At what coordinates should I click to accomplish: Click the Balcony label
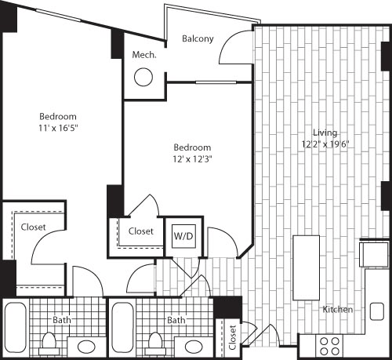(x=198, y=38)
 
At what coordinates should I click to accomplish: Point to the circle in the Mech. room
(x=143, y=78)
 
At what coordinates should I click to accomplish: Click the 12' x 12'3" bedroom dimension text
(x=192, y=158)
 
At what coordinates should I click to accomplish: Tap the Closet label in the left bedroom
(x=33, y=227)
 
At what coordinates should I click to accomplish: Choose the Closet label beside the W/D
(x=140, y=231)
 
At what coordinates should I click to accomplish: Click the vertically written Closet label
(x=232, y=337)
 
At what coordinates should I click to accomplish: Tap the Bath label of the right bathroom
(x=176, y=320)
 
